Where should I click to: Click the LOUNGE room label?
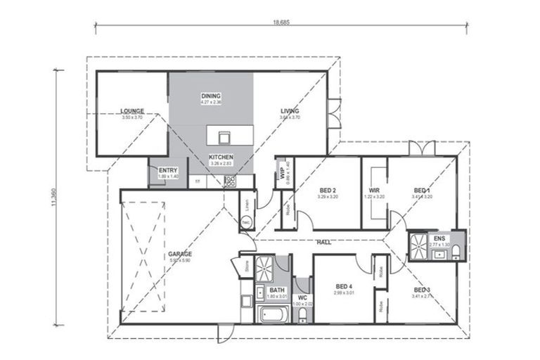(132, 111)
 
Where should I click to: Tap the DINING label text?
(211, 96)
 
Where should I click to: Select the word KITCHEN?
(221, 157)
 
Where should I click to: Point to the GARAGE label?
(180, 254)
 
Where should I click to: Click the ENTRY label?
(168, 170)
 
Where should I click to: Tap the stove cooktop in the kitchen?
(230, 181)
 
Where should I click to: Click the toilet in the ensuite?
(456, 251)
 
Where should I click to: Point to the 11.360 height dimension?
(52, 196)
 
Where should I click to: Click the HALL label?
(324, 243)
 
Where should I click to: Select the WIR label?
(374, 191)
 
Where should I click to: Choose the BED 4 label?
(344, 285)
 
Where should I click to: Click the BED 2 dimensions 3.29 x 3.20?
(328, 198)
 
